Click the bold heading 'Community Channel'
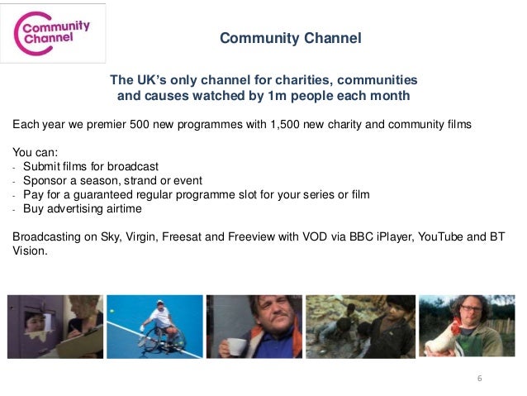click(x=290, y=39)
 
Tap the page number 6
click(x=478, y=378)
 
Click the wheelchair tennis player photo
click(x=155, y=326)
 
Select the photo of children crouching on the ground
click(x=359, y=326)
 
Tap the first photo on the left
click(x=55, y=326)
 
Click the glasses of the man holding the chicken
click(x=470, y=308)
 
